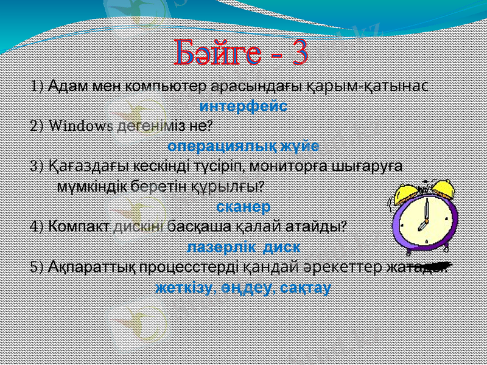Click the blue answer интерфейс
coord(243,105)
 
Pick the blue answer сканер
coord(243,206)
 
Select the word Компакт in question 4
coord(80,226)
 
